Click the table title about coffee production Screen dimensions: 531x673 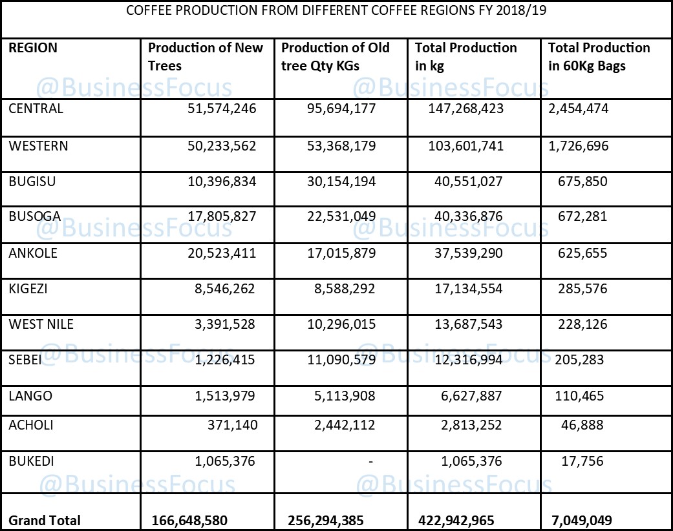(336, 11)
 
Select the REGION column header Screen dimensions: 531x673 (33, 48)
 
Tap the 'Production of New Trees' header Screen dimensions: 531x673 (206, 57)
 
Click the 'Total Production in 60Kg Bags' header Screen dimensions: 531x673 (599, 57)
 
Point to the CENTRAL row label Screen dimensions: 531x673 (36, 109)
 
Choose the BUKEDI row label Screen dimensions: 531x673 (32, 461)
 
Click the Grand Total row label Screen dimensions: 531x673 (45, 520)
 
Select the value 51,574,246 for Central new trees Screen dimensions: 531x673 (225, 109)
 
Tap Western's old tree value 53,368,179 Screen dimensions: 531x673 (343, 146)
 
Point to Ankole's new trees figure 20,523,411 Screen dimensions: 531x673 (225, 253)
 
